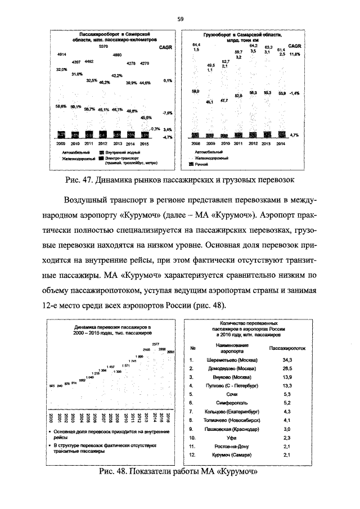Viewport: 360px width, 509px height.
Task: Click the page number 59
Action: point(180,19)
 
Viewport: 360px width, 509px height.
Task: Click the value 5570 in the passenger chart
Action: point(103,47)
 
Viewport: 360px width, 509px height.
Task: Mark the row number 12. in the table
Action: point(192,454)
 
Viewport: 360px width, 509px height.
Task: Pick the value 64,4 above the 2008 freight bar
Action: point(196,44)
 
